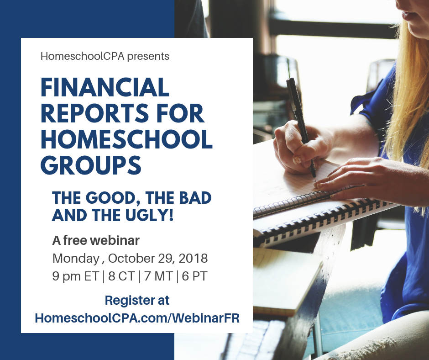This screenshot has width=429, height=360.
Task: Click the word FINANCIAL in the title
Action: (105, 87)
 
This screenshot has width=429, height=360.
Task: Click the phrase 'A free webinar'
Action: (96, 240)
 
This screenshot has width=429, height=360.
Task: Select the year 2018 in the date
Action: (193, 259)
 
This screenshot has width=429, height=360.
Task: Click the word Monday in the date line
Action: (76, 259)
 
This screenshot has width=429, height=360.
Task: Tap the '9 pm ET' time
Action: (75, 276)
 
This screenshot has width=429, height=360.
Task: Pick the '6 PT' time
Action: (194, 276)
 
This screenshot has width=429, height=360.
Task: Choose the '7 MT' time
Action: (158, 276)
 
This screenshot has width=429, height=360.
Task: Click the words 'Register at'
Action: (137, 300)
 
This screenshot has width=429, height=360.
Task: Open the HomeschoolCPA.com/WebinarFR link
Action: (137, 318)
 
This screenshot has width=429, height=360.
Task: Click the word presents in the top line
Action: (148, 57)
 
